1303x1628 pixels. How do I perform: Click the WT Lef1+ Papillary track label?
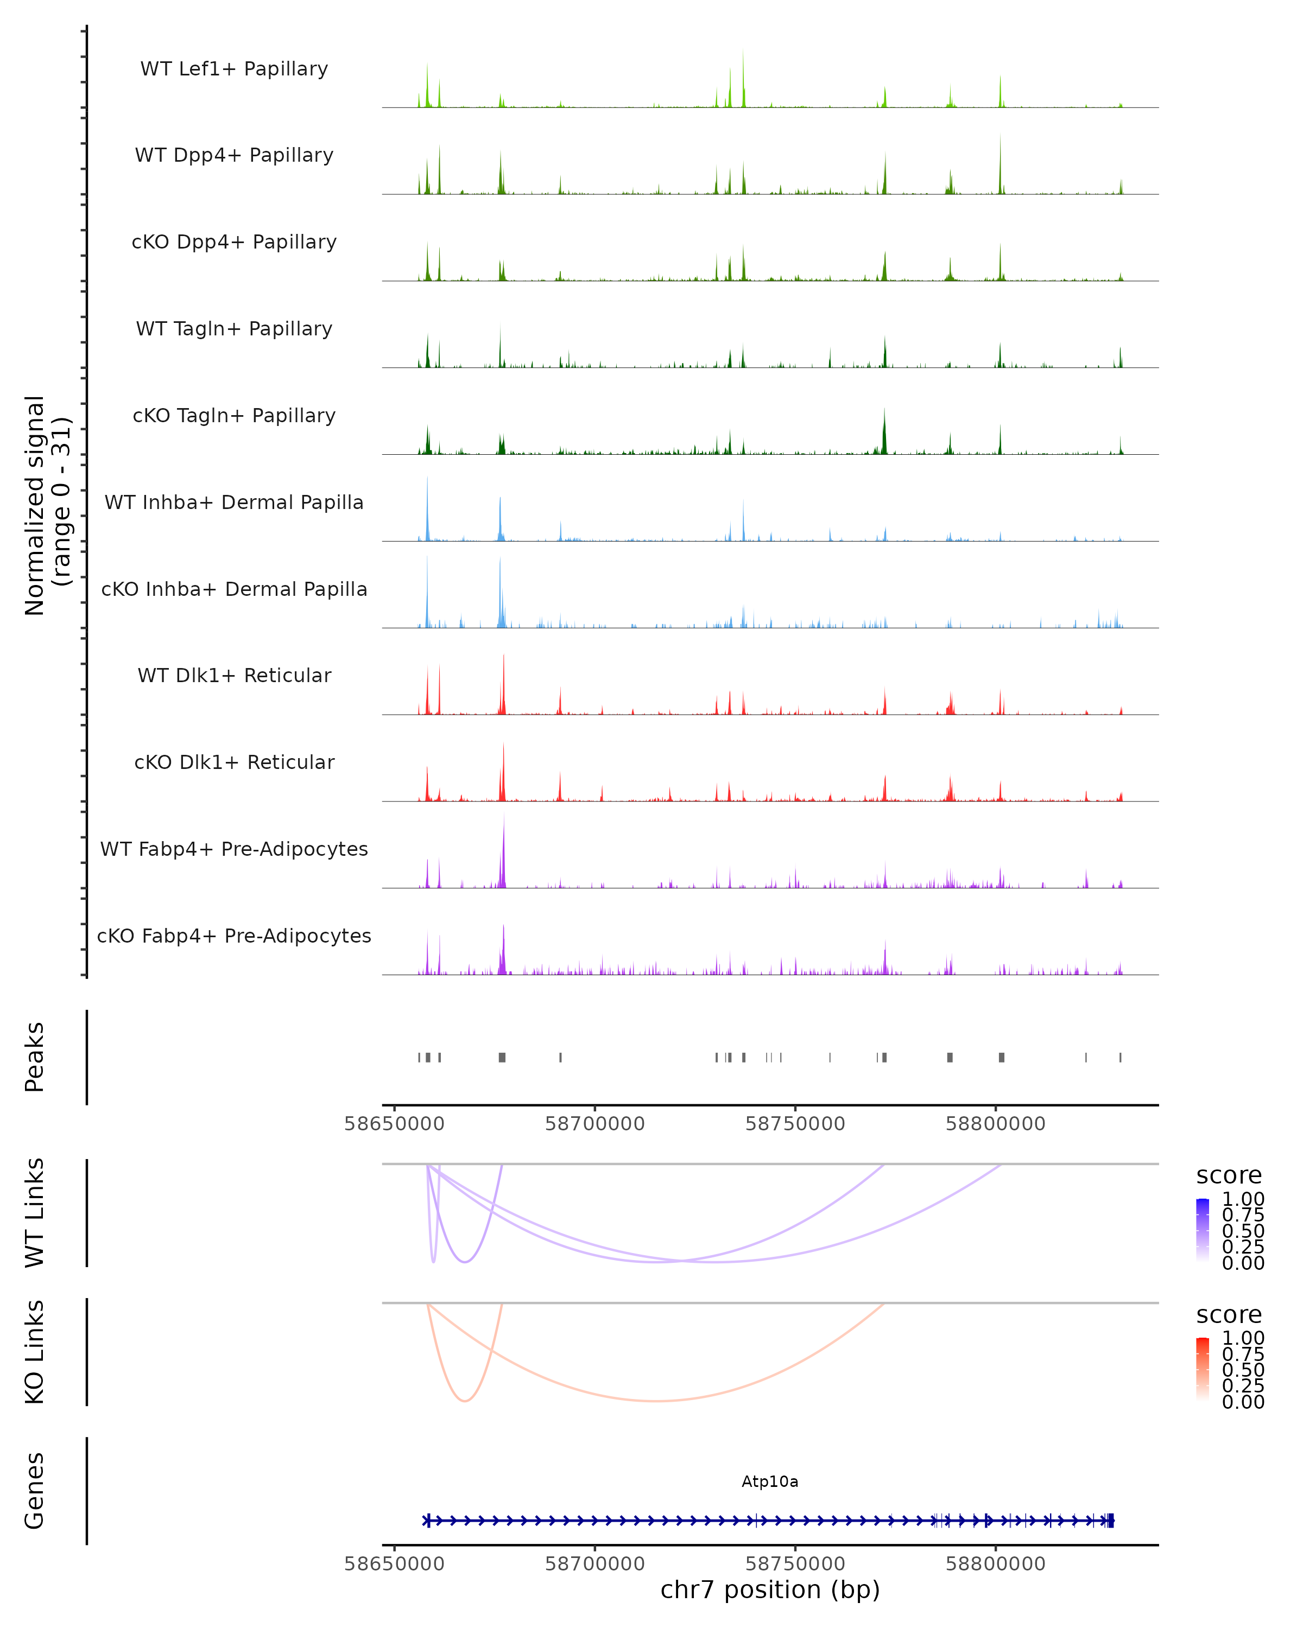click(x=234, y=69)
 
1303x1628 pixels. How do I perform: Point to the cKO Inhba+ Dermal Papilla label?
click(x=234, y=589)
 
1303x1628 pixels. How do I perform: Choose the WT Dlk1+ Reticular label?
click(x=234, y=675)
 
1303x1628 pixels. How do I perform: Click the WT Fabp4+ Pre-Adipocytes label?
click(x=234, y=849)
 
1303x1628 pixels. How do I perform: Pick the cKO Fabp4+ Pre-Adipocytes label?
click(x=234, y=936)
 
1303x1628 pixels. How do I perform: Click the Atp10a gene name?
click(x=770, y=1481)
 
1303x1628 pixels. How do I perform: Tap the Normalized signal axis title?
click(x=47, y=505)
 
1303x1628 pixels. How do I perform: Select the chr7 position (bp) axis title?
click(x=770, y=1589)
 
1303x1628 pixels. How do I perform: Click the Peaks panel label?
click(x=35, y=1057)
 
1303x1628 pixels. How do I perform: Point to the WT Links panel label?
click(x=35, y=1213)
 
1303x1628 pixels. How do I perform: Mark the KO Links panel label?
click(x=35, y=1352)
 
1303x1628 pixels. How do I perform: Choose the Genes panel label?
click(x=35, y=1491)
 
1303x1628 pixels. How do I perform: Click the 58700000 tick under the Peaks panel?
click(x=595, y=1124)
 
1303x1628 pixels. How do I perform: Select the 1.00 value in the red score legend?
click(x=1243, y=1338)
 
